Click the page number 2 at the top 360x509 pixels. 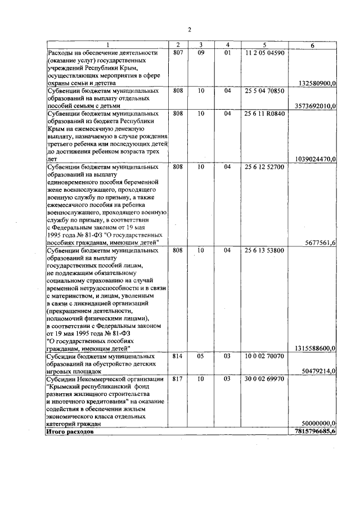click(190, 30)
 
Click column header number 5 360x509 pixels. click(264, 44)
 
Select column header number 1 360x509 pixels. click(107, 44)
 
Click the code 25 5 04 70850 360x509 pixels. click(264, 91)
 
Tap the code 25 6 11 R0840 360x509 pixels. click(264, 114)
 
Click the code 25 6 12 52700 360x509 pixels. click(264, 167)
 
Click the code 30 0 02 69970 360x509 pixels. click(264, 379)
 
